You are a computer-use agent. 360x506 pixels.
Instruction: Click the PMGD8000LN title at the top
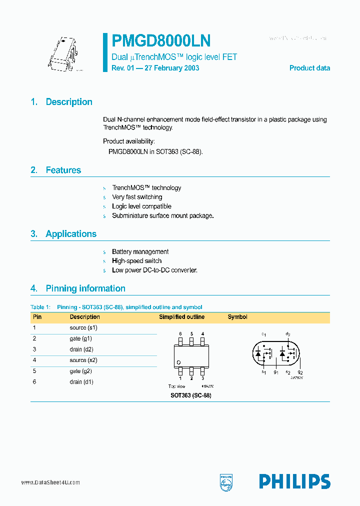(x=160, y=40)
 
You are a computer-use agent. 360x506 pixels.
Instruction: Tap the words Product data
(x=309, y=68)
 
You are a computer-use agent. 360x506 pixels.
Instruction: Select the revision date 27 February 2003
(x=171, y=68)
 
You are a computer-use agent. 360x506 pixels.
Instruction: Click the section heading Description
(x=69, y=102)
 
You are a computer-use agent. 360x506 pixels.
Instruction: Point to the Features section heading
(x=63, y=170)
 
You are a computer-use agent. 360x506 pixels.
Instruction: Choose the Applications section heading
(x=71, y=234)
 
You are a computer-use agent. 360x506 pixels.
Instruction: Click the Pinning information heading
(x=85, y=288)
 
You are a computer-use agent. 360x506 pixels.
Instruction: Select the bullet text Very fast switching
(x=137, y=197)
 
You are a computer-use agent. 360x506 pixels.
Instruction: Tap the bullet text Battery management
(x=140, y=251)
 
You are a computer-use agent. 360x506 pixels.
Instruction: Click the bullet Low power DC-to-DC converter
(x=154, y=270)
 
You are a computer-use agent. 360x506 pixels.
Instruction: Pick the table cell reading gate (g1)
(x=81, y=338)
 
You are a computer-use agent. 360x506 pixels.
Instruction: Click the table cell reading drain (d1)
(x=81, y=382)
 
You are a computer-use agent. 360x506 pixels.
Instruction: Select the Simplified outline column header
(x=181, y=317)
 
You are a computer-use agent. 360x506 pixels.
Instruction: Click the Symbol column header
(x=237, y=317)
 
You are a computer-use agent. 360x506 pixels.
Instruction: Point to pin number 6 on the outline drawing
(x=180, y=333)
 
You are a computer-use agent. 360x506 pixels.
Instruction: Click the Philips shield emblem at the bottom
(x=226, y=482)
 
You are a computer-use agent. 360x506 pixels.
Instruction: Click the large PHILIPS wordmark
(x=294, y=481)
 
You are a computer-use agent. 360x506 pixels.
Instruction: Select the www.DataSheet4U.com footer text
(x=50, y=482)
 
